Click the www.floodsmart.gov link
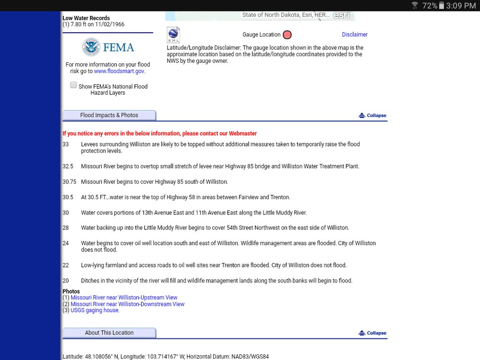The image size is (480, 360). [x=119, y=71]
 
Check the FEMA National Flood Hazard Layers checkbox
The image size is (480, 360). [x=73, y=85]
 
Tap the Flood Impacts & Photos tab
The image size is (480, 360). [x=109, y=115]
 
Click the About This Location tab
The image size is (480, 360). [x=109, y=333]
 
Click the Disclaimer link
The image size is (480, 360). [x=355, y=35]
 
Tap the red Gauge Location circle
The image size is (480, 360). [x=287, y=35]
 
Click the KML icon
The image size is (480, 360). [x=173, y=35]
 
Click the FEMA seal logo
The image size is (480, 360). [x=91, y=48]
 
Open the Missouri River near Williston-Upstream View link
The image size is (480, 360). [x=124, y=298]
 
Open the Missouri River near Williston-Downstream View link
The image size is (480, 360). [x=127, y=304]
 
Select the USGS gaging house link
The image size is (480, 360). [x=95, y=310]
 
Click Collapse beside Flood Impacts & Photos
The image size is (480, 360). [x=372, y=115]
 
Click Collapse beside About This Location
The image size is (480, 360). [x=372, y=333]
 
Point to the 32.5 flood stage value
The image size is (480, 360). [x=68, y=167]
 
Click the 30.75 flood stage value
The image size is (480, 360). [x=69, y=182]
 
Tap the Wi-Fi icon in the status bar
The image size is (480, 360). [x=415, y=5]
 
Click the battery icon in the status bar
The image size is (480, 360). [x=442, y=5]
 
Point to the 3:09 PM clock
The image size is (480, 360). [x=461, y=5]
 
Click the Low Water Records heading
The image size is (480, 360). [x=86, y=18]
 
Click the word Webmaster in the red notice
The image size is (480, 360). [x=243, y=133]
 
